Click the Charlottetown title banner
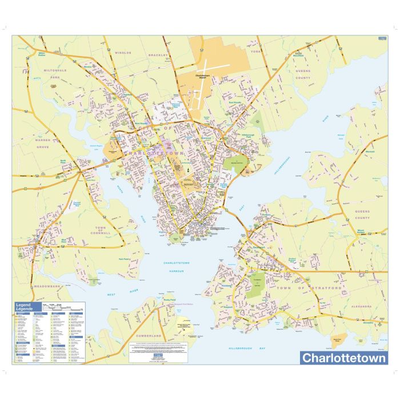point(343,358)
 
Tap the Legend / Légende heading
point(26,307)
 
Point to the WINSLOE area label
point(123,53)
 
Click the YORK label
point(255,51)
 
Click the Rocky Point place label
point(169,299)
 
